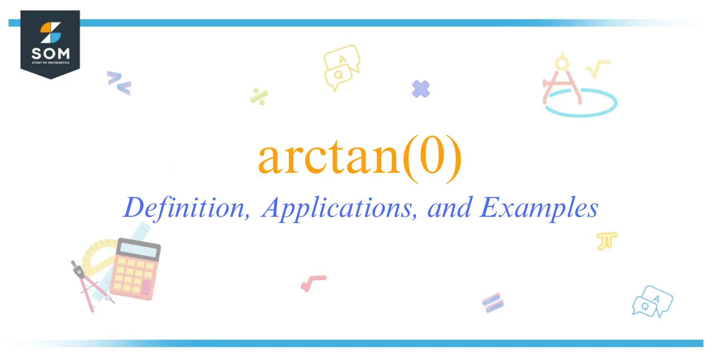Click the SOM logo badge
(x=50, y=44)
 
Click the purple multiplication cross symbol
(x=420, y=89)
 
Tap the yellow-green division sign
(x=259, y=96)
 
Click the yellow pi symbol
(x=606, y=241)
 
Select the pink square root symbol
(x=313, y=283)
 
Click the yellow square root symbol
(x=598, y=68)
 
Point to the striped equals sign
(x=492, y=303)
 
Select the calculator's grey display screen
(x=138, y=250)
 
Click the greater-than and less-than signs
(x=119, y=83)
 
